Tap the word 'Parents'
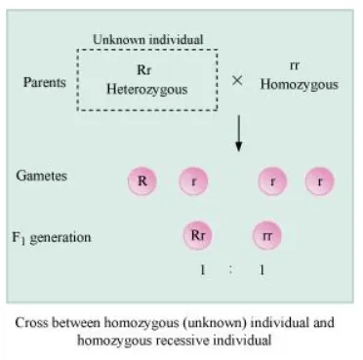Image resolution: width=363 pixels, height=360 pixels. pyautogui.click(x=44, y=83)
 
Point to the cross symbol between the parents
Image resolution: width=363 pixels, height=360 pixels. pyautogui.click(x=236, y=80)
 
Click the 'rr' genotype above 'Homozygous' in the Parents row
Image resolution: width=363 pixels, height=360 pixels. pyautogui.click(x=295, y=66)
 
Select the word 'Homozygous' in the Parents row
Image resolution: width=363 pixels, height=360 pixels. pyautogui.click(x=299, y=85)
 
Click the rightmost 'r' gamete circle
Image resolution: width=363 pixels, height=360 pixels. pyautogui.click(x=318, y=180)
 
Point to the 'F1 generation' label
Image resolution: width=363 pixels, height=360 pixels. pyautogui.click(x=53, y=237)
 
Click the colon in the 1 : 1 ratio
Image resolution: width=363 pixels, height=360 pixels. pyautogui.click(x=231, y=269)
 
